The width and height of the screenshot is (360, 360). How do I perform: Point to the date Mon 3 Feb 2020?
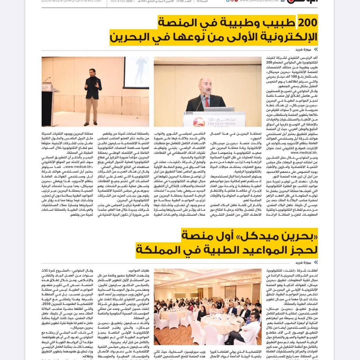tap(122, 1)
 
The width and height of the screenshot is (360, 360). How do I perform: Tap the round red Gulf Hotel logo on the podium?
tap(199, 122)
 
